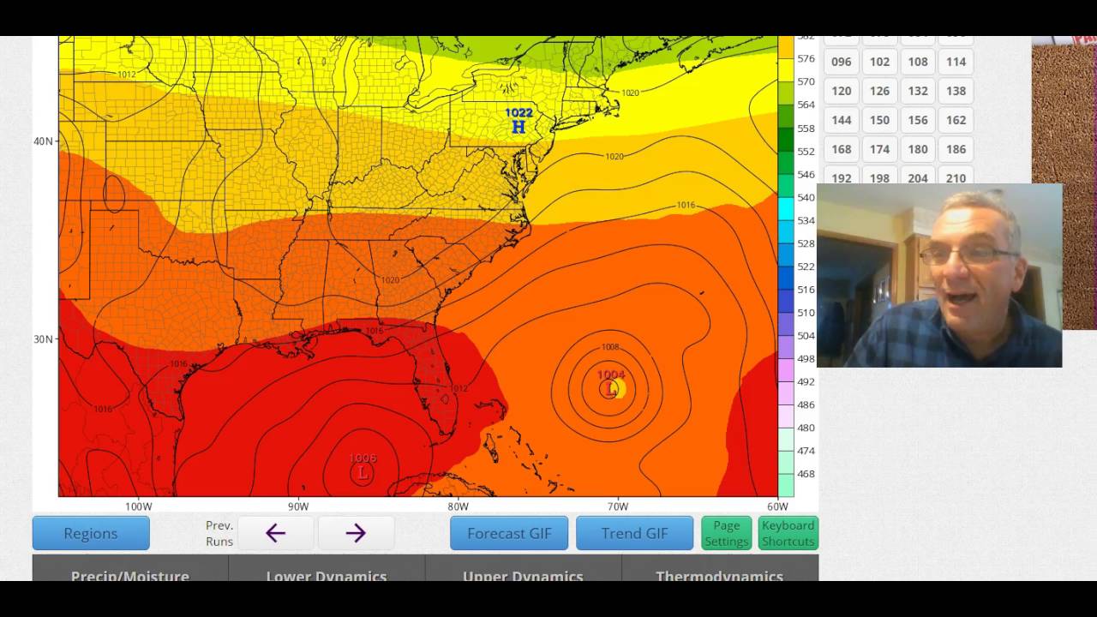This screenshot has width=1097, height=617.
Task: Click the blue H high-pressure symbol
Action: [x=519, y=128]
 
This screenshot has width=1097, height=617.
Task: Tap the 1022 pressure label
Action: [x=519, y=113]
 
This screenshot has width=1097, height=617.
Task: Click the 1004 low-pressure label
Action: [x=611, y=374]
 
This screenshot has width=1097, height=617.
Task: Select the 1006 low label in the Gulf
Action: [x=363, y=458]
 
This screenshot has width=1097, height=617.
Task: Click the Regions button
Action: [x=91, y=533]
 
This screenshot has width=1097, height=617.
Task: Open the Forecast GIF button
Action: [x=509, y=533]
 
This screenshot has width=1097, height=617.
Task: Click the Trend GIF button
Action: [x=634, y=533]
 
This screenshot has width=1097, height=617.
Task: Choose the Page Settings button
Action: [x=727, y=533]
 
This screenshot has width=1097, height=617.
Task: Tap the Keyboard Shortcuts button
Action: [x=788, y=533]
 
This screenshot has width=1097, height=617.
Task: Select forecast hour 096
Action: [x=842, y=62]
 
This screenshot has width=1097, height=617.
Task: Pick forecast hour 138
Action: [x=956, y=91]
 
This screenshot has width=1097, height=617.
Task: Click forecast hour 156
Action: [x=918, y=120]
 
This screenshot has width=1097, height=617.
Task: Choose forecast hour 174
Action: [x=880, y=149]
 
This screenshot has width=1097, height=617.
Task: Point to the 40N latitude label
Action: [x=43, y=141]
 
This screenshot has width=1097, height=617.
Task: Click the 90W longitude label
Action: [x=298, y=506]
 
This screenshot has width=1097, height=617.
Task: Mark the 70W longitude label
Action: [x=618, y=506]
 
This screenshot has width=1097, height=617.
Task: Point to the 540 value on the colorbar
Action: [x=806, y=198]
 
